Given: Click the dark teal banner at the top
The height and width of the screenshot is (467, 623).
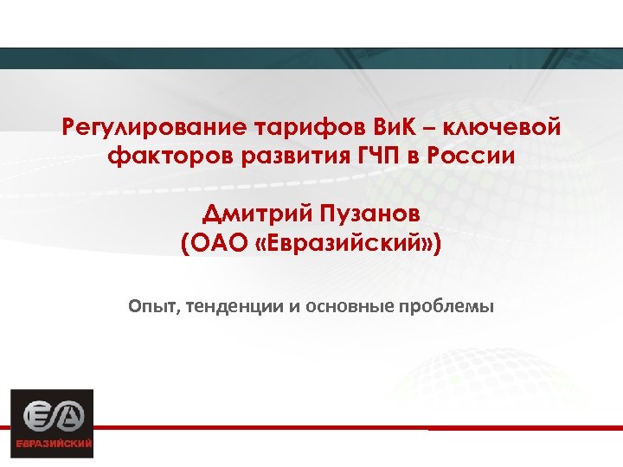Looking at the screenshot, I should pos(311,58).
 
